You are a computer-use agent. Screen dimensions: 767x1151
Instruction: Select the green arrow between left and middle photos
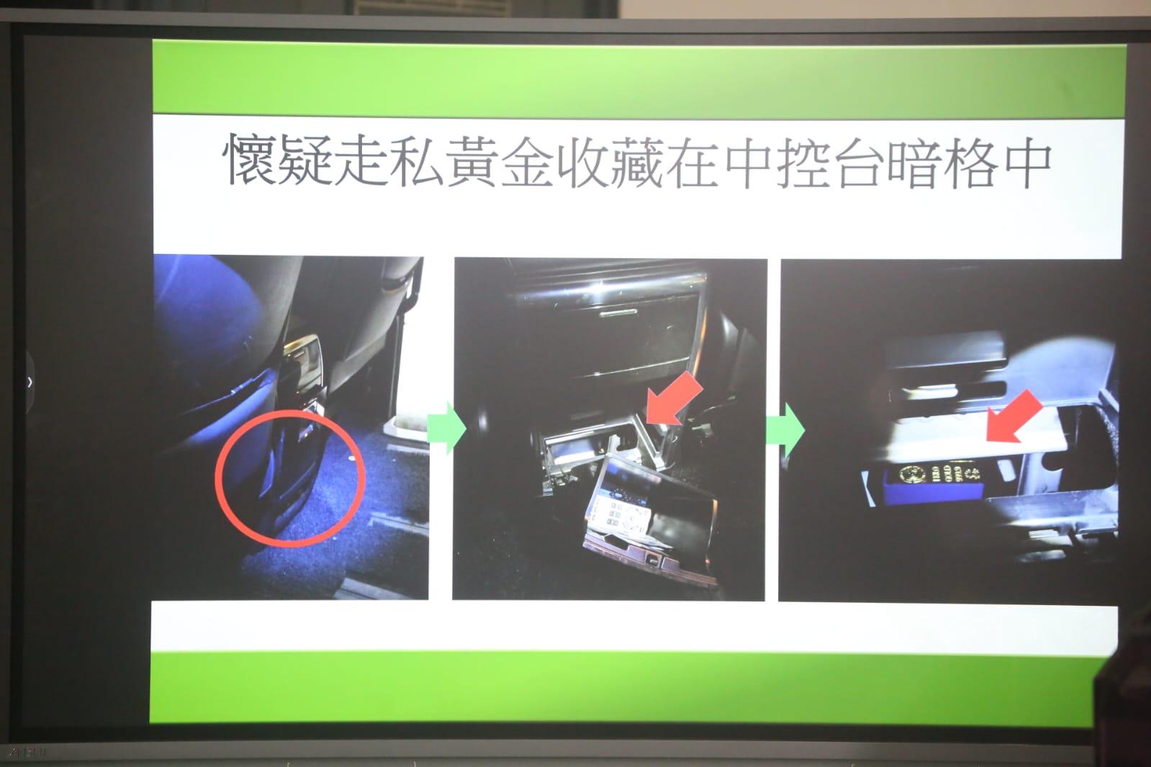click(446, 429)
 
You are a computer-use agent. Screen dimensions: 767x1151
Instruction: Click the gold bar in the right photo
click(942, 474)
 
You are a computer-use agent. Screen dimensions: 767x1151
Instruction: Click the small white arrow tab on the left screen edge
click(29, 381)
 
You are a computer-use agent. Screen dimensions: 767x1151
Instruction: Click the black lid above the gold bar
click(943, 357)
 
